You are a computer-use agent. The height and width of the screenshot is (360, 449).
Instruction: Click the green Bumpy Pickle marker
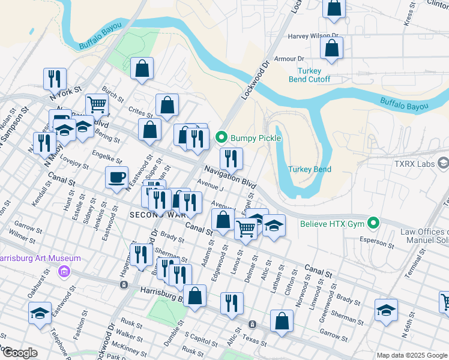click(221, 138)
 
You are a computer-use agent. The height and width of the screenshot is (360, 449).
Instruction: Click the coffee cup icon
click(116, 177)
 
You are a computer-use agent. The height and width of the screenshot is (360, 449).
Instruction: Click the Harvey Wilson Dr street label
click(313, 36)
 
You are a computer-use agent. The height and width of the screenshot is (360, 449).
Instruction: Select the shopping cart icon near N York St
click(96, 104)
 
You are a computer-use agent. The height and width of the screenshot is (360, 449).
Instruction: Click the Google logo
click(20, 353)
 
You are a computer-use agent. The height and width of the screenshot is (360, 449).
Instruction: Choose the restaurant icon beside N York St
click(55, 79)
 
